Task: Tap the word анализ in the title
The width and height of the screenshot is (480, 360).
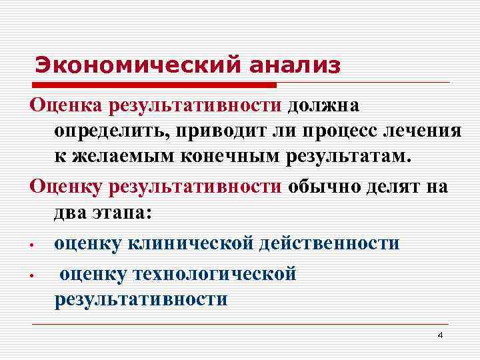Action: click(x=293, y=65)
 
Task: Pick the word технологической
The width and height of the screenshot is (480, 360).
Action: click(x=215, y=273)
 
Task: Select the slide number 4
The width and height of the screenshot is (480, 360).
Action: click(x=439, y=335)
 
